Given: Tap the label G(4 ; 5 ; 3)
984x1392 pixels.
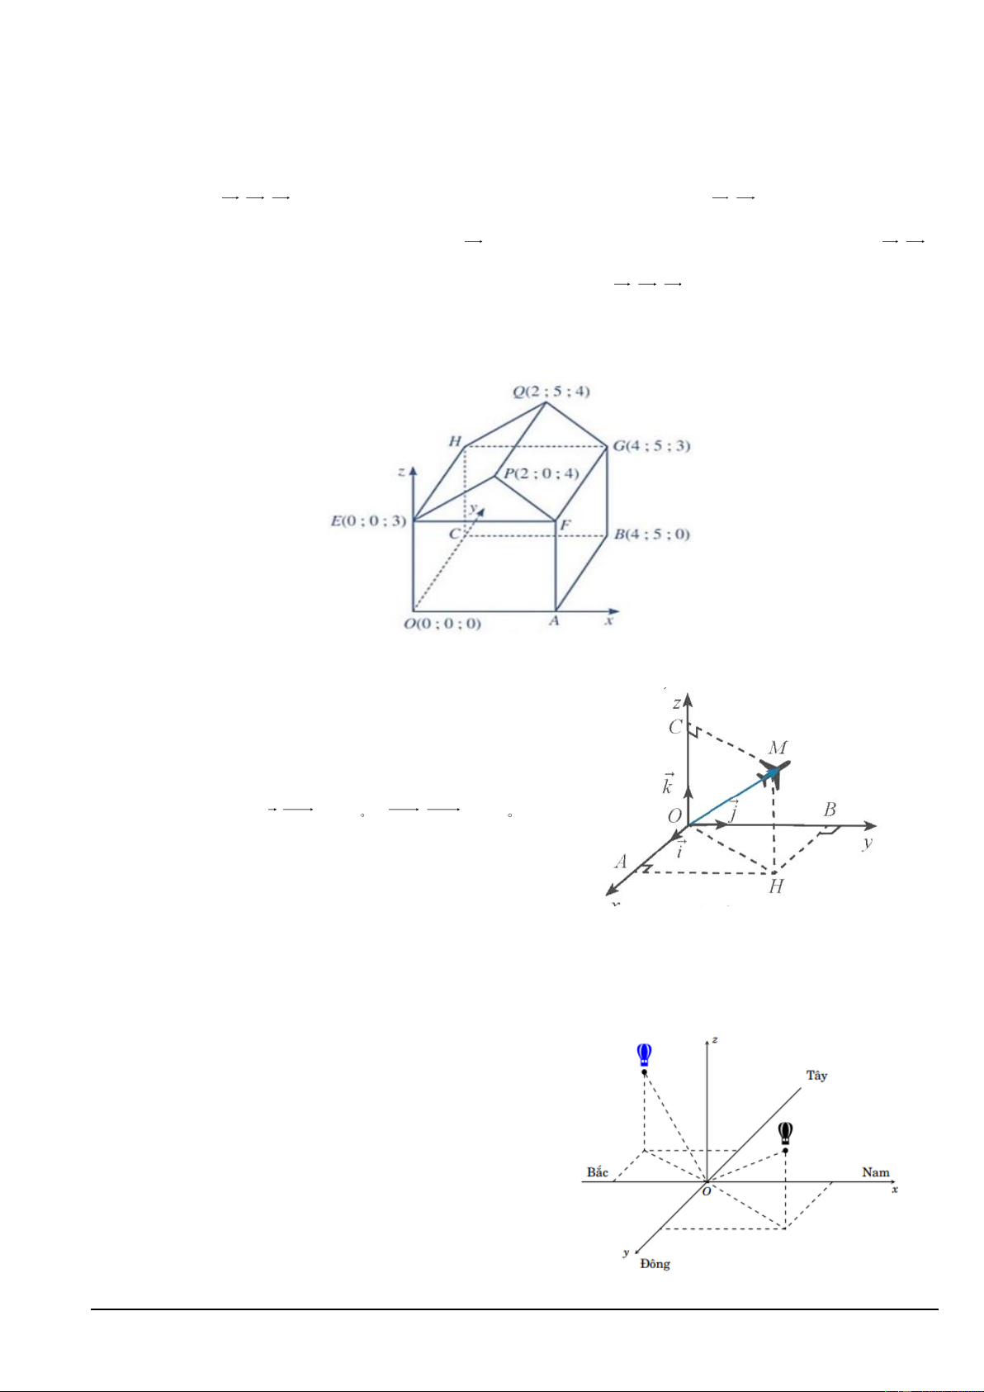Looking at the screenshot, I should pos(650,446).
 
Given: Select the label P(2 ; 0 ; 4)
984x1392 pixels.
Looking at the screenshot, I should pos(542,473).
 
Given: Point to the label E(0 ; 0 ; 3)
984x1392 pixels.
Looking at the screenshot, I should pos(368,520).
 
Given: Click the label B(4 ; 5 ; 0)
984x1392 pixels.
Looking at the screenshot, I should pos(651,534).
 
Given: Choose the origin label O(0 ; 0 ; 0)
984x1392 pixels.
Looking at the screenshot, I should pos(442,624).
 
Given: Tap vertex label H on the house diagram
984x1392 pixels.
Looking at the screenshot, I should pos(455,441).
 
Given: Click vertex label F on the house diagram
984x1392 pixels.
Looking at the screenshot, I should pos(565,525).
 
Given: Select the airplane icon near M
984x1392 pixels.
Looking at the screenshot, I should pos(775,772).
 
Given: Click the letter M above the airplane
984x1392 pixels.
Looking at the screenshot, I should pos(778,748).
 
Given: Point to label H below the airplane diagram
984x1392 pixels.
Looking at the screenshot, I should pos(776,887).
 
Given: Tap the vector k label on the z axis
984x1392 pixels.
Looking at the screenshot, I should pos(667,785).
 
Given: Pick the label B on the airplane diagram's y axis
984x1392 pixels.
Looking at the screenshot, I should pos(830,810).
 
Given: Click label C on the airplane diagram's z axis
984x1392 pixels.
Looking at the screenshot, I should pos(675,728).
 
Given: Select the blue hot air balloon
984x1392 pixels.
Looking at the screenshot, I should pos(645,1055).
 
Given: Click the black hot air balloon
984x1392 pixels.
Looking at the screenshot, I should pos(786,1133).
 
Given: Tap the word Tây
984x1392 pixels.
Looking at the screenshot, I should pos(816,1076).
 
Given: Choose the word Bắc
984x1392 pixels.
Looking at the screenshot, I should pos(598,1172).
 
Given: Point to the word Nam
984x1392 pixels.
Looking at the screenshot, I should pos(876,1172).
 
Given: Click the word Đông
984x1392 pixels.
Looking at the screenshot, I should pos(655,1264).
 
